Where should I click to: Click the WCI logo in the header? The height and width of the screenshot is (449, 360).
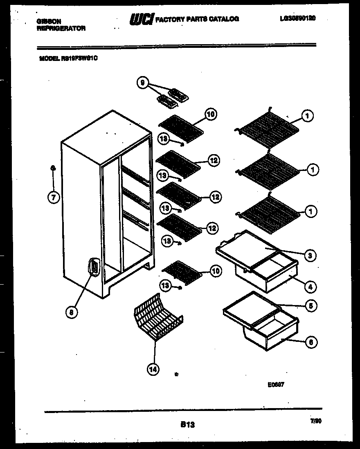[x=142, y=19]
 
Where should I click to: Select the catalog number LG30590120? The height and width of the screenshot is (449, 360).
[x=297, y=18]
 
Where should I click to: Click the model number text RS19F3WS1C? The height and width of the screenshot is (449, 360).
[x=79, y=58]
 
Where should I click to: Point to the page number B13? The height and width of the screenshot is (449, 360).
[x=187, y=425]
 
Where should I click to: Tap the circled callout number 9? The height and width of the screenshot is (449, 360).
[x=143, y=83]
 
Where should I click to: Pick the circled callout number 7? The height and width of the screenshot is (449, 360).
[x=53, y=198]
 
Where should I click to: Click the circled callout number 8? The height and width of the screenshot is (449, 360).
[x=72, y=312]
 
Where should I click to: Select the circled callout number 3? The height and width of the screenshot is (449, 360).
[x=310, y=256]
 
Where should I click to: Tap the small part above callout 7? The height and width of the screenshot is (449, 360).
[x=53, y=168]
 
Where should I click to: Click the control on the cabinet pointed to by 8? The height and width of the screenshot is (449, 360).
[x=94, y=268]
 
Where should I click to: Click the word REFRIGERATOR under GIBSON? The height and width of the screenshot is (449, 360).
[x=61, y=28]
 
